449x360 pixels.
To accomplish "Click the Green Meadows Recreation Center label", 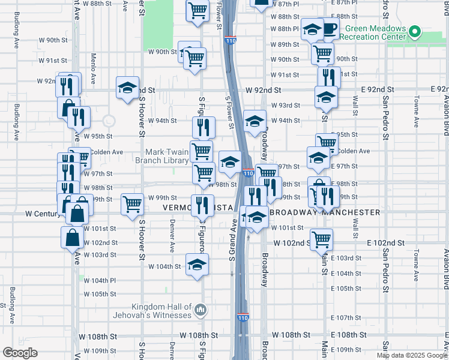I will coord(372,32).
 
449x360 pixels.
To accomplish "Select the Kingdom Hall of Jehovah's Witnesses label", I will coord(150,310).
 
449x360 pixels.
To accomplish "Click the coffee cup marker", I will coord(329,28).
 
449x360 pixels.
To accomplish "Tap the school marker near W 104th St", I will coord(197,265).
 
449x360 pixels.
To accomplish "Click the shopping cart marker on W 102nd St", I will coord(322,239).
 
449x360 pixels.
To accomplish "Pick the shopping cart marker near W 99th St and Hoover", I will coord(131,203).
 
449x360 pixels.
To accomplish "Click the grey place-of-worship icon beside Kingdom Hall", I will coord(200,310).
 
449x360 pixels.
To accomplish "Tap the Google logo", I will coord(20,353).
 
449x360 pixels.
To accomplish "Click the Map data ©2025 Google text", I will coord(412,355).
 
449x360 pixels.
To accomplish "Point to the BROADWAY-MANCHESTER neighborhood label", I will coord(325,212).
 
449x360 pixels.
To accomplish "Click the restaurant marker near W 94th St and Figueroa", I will coord(203,127).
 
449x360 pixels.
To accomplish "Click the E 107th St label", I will coord(344,318).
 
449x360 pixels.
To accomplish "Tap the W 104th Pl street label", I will coord(100,281).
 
